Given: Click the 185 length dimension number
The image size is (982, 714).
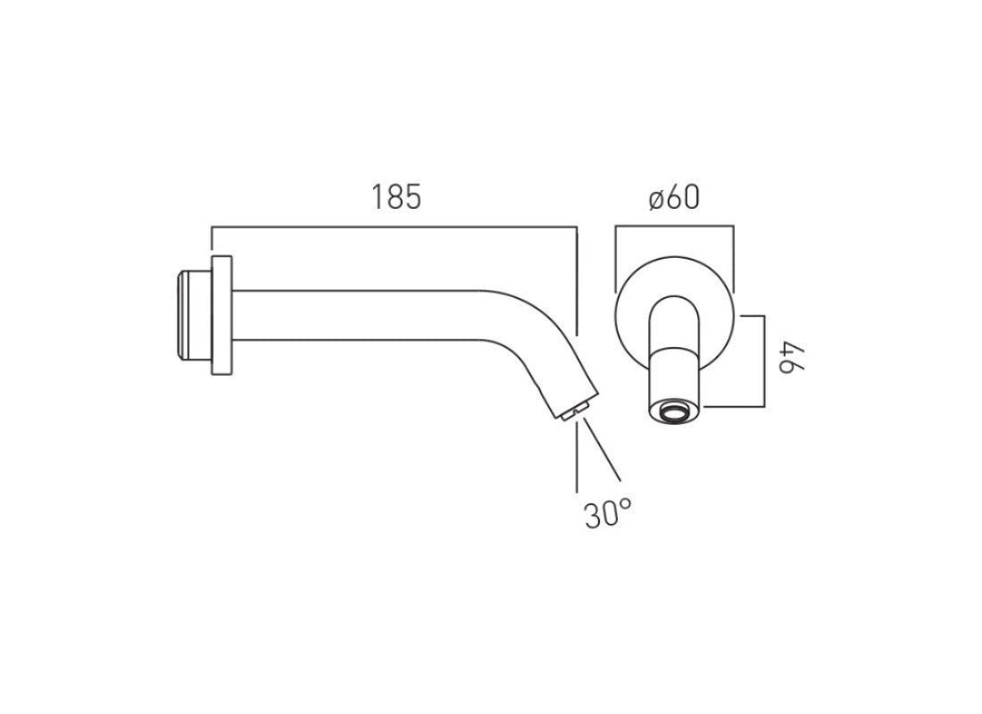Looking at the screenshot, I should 396,197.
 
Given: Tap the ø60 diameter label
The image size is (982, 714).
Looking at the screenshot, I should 674,197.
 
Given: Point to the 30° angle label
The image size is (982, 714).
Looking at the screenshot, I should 608,514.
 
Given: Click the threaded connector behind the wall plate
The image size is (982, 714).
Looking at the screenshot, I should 191,315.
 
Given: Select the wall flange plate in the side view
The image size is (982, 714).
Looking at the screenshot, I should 221,315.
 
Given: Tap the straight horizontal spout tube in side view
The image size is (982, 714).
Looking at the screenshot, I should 357,315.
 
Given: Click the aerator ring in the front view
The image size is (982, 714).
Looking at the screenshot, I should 675,412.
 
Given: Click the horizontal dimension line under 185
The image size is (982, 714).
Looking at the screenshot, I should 393,228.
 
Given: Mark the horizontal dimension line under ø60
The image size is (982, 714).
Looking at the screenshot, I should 674,228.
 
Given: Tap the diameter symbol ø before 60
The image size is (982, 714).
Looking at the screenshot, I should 656,198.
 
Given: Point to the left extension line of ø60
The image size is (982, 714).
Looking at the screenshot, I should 615,259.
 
